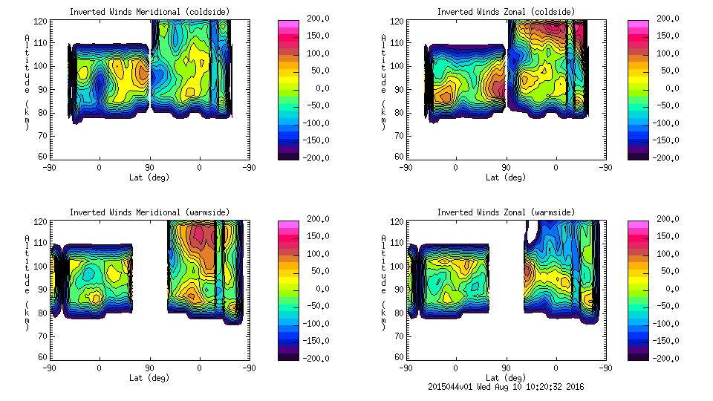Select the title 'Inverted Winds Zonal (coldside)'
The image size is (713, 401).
tap(506, 11)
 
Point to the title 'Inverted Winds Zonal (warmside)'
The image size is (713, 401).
tap(506, 212)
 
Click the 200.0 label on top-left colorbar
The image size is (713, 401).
tap(313, 19)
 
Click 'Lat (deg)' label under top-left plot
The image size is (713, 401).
tap(149, 177)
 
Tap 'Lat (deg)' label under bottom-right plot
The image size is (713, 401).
tap(506, 378)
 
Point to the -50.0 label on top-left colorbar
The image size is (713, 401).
tap(313, 105)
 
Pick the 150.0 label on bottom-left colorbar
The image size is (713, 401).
tap(313, 236)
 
